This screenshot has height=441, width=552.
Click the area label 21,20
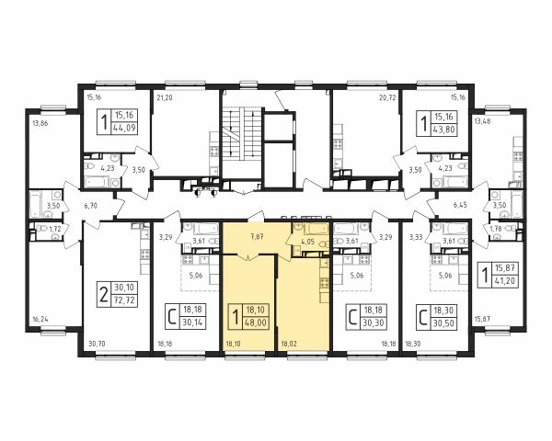[165, 97]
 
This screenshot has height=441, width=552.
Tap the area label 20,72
[387, 97]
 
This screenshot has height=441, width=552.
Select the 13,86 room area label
[40, 123]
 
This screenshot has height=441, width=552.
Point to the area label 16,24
[40, 320]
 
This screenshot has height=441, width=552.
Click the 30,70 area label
[97, 344]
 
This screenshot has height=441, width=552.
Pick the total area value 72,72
[124, 301]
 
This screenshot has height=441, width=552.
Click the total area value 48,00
[256, 322]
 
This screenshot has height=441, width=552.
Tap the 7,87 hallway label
[257, 236]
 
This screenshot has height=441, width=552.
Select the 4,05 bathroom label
[307, 242]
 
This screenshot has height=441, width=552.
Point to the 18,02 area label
[288, 344]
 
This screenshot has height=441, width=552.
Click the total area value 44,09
[124, 128]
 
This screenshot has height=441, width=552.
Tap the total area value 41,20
[505, 281]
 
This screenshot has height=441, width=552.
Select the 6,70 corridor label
[90, 206]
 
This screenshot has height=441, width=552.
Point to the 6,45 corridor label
[460, 205]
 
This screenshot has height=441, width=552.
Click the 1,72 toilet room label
[54, 230]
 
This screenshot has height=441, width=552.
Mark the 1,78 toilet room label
[496, 230]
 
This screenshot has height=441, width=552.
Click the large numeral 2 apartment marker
[103, 295]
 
